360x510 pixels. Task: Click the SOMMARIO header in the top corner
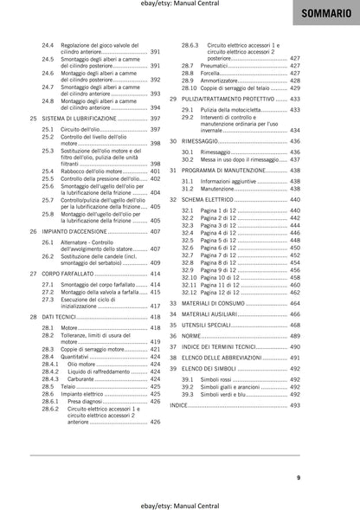point(328,16)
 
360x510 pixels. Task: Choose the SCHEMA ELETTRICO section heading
point(212,198)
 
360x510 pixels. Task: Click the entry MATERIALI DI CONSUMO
point(222,303)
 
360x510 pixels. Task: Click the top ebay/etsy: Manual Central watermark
point(180,5)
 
